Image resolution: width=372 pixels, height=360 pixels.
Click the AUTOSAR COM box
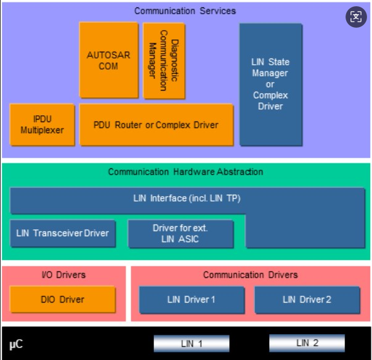[108, 60]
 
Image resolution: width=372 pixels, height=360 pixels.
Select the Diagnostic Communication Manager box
[164, 61]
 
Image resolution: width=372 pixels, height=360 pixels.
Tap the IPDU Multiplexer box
[42, 125]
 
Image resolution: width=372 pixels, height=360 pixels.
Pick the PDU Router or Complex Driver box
[156, 125]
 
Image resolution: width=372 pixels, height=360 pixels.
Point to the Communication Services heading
[185, 10]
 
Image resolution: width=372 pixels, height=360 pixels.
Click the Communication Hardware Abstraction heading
[185, 172]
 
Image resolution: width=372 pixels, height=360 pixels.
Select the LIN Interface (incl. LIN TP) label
[187, 198]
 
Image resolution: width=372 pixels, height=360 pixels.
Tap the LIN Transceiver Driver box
[63, 233]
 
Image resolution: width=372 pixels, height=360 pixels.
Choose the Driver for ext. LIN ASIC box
[180, 234]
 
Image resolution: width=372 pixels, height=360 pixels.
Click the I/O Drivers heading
[63, 275]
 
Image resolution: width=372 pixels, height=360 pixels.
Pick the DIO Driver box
[62, 300]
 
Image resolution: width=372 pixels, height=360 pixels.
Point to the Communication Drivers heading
[250, 275]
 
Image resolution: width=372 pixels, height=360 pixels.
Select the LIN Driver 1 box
[192, 300]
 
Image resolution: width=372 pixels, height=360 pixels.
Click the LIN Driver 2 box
[307, 300]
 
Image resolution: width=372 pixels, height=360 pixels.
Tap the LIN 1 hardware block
[192, 343]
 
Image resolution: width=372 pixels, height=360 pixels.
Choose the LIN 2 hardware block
[307, 343]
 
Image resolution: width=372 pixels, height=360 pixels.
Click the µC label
[16, 344]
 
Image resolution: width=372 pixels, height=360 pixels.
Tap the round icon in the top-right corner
[356, 17]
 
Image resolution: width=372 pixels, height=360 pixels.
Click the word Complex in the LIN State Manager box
[270, 96]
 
